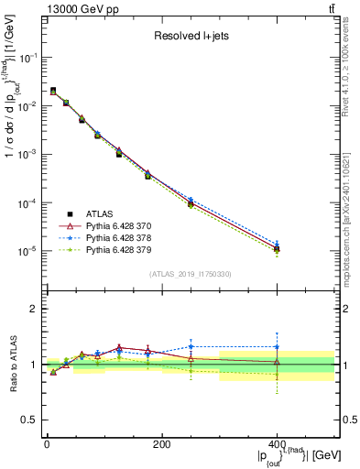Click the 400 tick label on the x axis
(x=277, y=444)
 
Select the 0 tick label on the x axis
(x=47, y=444)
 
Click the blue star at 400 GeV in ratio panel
(x=277, y=347)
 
